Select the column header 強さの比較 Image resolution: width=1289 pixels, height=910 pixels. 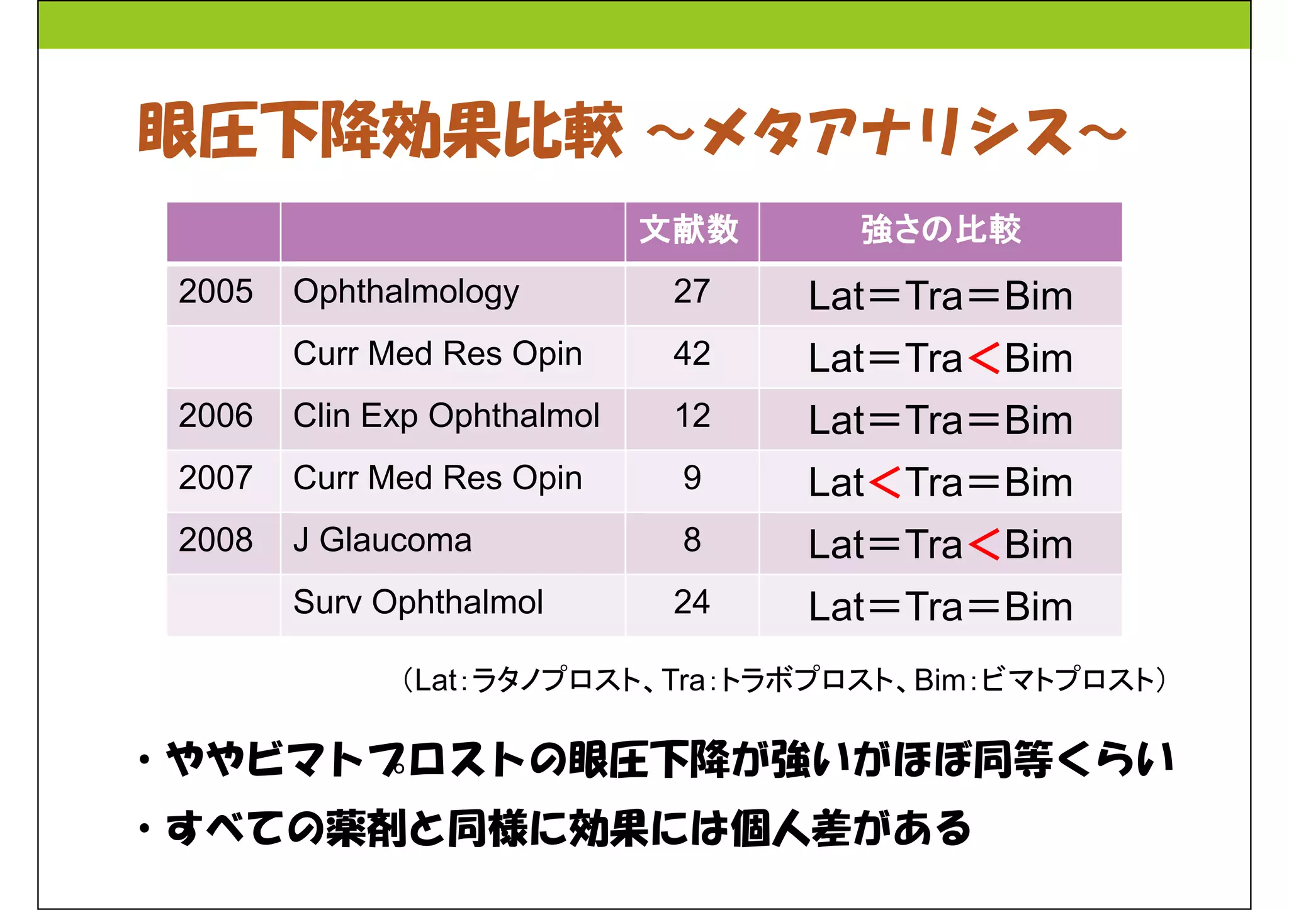coord(940,230)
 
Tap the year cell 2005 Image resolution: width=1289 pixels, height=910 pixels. coord(216,292)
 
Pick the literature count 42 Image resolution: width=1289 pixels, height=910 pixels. coord(692,354)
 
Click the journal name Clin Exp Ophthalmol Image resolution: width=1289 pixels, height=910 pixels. coord(446,416)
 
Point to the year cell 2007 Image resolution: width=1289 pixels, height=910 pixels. coord(216,478)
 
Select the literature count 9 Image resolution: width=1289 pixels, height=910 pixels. coord(692,478)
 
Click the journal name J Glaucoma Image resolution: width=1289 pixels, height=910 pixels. coord(383,540)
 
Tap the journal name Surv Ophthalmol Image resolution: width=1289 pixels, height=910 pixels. coord(418,602)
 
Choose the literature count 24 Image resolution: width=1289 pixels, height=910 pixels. coord(692,602)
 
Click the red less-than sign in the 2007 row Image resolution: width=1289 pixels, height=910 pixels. coord(884,482)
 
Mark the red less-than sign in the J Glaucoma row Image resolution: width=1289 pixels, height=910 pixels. coord(984,544)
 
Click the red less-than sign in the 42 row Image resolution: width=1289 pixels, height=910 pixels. coord(984,358)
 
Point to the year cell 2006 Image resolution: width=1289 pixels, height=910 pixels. coord(216,416)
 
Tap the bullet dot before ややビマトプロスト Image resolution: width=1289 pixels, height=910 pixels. coord(145,760)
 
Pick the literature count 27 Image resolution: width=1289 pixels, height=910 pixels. coord(692,292)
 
